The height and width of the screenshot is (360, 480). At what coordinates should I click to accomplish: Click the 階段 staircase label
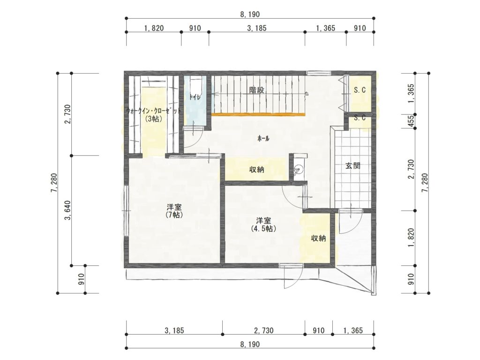[256, 90]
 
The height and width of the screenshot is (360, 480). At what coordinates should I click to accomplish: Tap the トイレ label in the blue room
[193, 97]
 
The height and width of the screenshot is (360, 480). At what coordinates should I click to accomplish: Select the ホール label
[263, 139]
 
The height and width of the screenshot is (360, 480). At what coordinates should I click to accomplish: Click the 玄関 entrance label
[352, 166]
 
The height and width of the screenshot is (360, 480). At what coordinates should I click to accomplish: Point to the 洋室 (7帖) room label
[174, 210]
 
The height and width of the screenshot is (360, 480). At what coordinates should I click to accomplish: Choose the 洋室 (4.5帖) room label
[263, 225]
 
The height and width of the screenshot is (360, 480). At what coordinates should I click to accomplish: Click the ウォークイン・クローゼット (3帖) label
[154, 114]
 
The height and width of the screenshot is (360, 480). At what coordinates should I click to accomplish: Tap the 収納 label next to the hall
[256, 169]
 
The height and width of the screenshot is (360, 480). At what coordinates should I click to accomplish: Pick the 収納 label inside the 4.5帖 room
[318, 238]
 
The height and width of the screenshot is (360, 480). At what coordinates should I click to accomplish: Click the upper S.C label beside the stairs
[360, 90]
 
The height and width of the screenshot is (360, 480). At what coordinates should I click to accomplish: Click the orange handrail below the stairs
[258, 114]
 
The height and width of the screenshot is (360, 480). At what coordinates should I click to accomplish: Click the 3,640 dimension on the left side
[67, 210]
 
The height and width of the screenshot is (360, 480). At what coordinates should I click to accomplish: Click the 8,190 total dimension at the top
[250, 14]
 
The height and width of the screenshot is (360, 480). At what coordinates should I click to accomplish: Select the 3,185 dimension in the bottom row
[174, 330]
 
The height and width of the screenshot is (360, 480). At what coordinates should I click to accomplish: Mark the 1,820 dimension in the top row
[154, 28]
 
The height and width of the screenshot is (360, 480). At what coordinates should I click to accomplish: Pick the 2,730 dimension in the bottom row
[263, 330]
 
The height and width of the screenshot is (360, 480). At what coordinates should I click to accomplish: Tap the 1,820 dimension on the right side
[411, 238]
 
